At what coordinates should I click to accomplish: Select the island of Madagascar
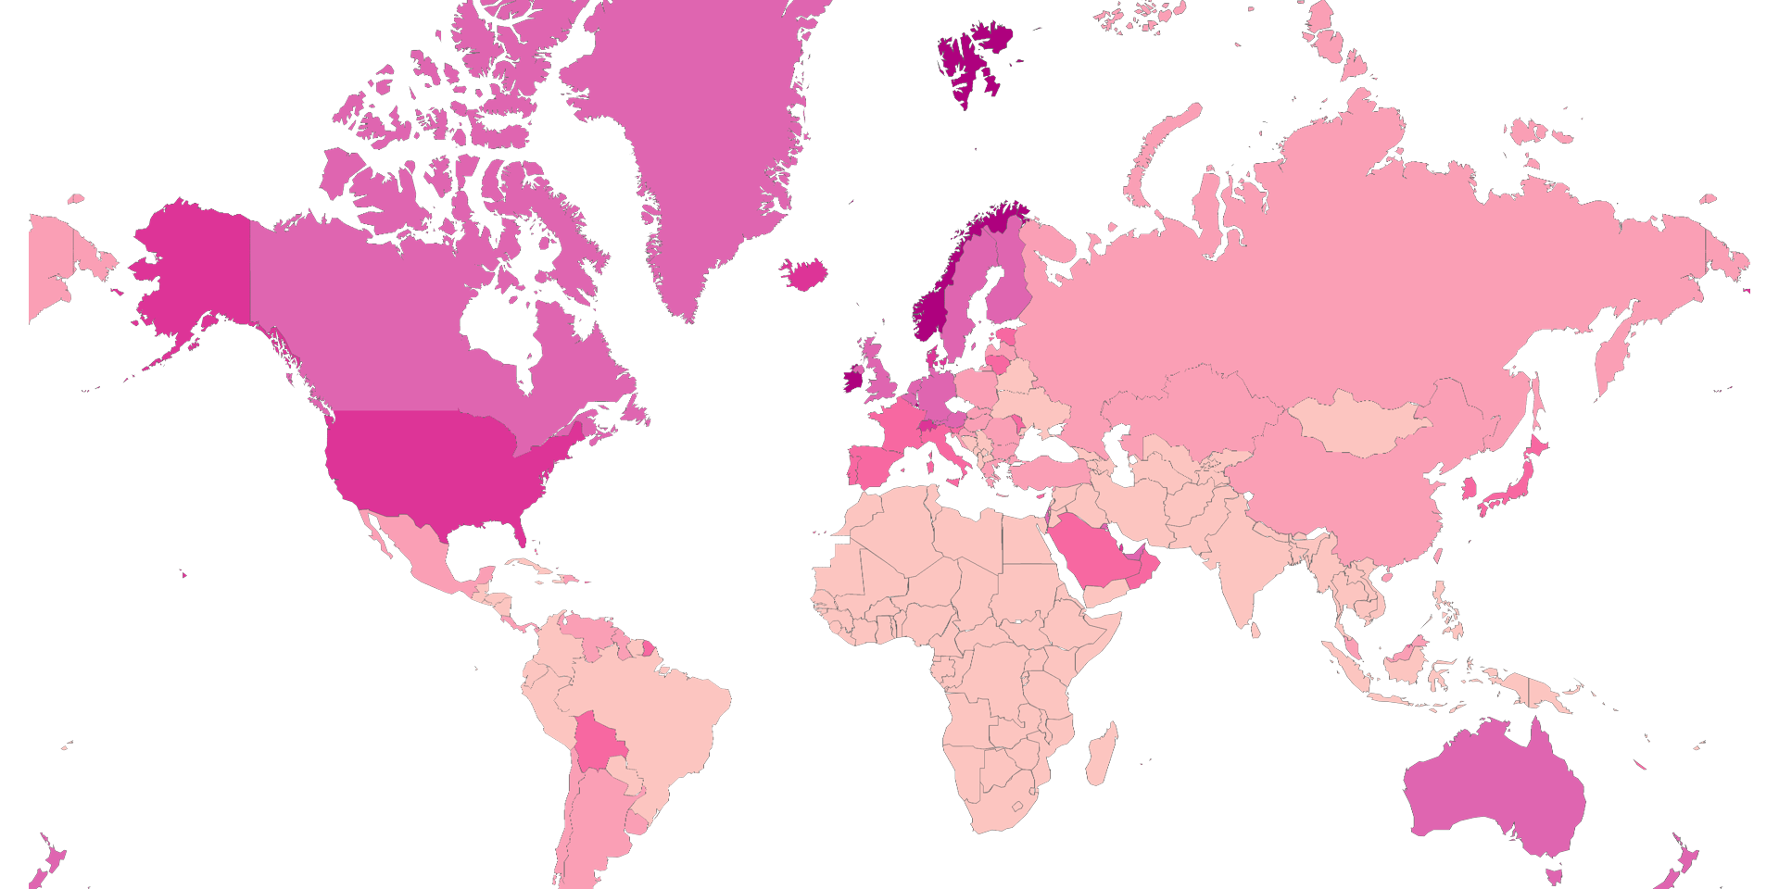pyautogui.click(x=1101, y=756)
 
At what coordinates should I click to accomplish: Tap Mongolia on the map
pyautogui.click(x=1357, y=424)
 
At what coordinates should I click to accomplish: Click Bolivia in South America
pyautogui.click(x=599, y=742)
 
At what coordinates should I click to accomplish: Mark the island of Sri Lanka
pyautogui.click(x=1255, y=630)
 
